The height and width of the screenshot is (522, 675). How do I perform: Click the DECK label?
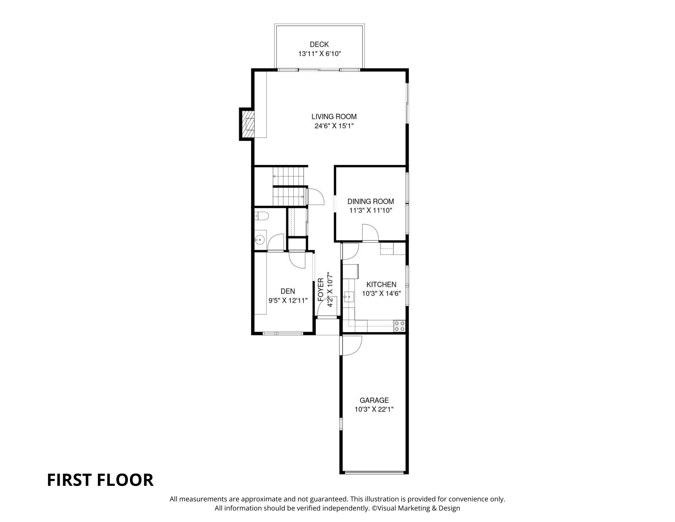(x=319, y=44)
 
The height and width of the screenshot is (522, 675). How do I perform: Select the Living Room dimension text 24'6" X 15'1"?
(x=334, y=126)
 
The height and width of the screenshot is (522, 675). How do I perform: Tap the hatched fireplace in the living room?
(x=247, y=124)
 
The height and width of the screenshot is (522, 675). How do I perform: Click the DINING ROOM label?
(x=371, y=201)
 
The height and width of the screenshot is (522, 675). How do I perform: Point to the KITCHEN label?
(x=381, y=284)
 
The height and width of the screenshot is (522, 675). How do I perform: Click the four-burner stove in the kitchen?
(x=400, y=326)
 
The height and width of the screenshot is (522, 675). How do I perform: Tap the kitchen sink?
(x=349, y=297)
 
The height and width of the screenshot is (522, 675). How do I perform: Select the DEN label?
(x=288, y=291)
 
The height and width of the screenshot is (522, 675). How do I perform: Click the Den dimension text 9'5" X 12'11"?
(x=288, y=300)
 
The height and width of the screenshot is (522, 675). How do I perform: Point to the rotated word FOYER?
(x=321, y=290)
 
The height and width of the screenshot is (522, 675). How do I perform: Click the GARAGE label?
(x=374, y=400)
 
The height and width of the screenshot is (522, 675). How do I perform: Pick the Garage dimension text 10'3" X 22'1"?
(x=374, y=409)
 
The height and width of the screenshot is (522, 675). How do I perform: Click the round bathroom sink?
(x=260, y=240)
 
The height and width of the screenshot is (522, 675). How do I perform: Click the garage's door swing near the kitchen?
(x=352, y=345)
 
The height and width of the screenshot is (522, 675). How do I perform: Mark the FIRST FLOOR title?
(x=100, y=480)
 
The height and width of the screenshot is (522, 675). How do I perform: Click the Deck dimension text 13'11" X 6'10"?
(x=319, y=53)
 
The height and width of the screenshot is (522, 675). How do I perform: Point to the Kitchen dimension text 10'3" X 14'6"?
(x=381, y=294)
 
